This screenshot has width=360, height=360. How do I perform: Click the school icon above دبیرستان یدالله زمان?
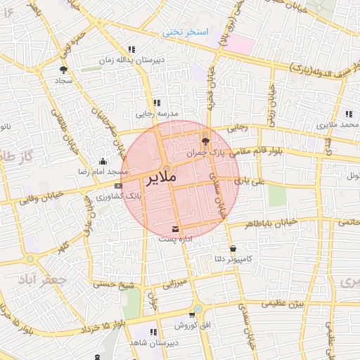point(131,49)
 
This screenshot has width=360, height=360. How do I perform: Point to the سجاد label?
point(64,81)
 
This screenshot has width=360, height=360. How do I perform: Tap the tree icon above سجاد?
point(64,70)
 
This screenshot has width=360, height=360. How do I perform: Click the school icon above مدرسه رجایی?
point(156,103)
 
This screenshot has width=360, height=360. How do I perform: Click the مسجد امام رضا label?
point(103,172)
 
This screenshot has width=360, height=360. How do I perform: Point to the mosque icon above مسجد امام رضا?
point(103,161)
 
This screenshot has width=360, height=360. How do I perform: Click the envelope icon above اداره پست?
point(175,229)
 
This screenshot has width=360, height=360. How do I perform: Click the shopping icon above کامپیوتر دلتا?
point(233,248)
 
